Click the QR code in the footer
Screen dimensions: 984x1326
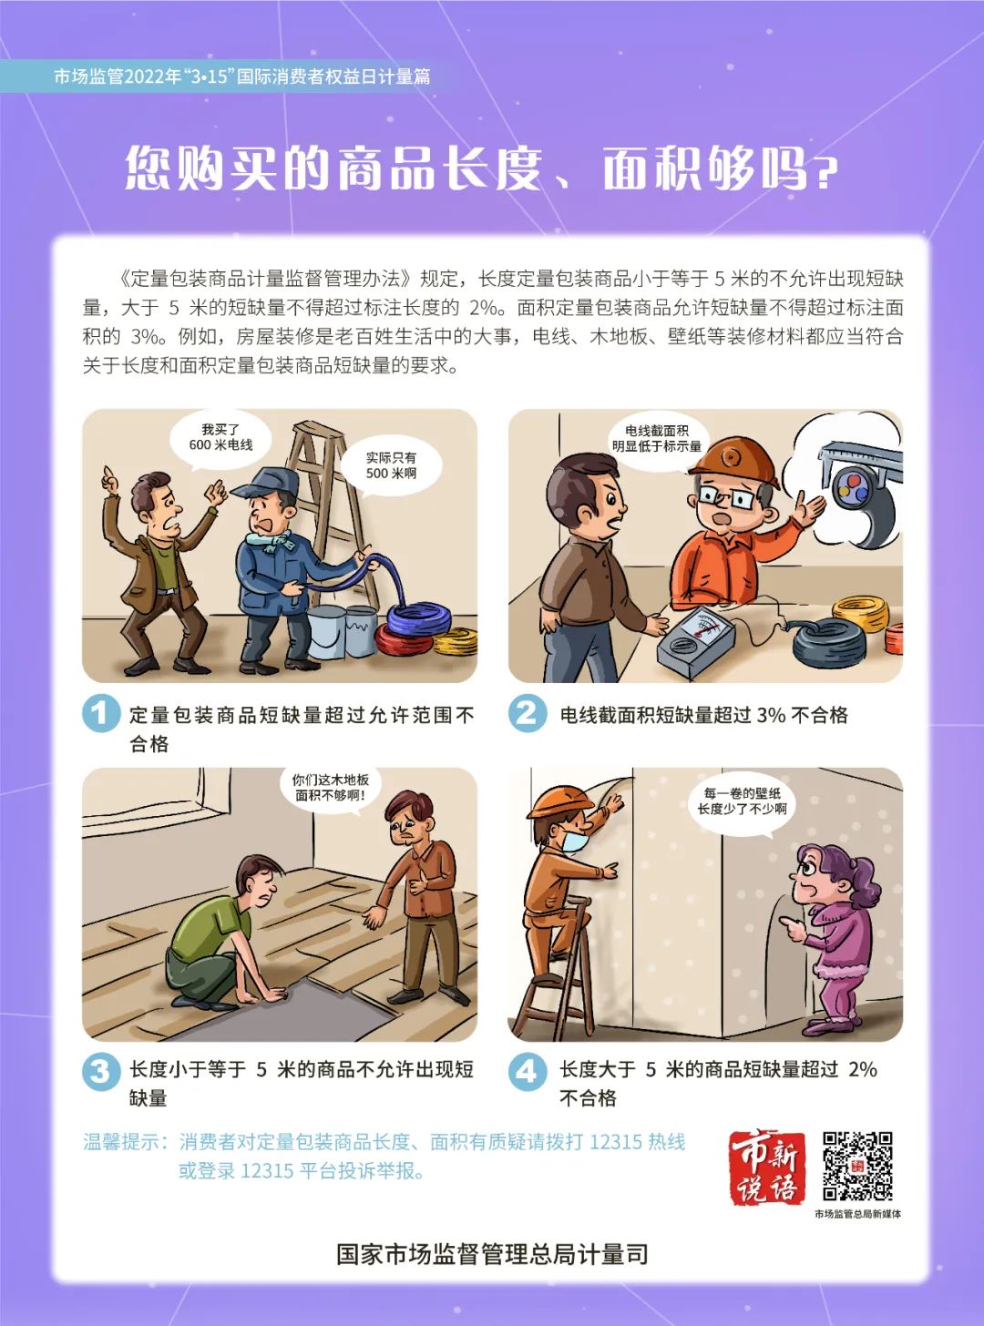pyautogui.click(x=857, y=1165)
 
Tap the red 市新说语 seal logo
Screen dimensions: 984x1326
pyautogui.click(x=766, y=1168)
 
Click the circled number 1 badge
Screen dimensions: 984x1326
pyautogui.click(x=101, y=712)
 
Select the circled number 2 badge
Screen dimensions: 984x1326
pyautogui.click(x=528, y=712)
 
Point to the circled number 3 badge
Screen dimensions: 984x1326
pyautogui.click(x=101, y=1068)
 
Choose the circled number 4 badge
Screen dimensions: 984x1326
pyautogui.click(x=528, y=1068)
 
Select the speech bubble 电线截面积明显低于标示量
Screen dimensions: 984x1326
pyautogui.click(x=657, y=441)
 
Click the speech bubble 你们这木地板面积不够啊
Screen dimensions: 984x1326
pyautogui.click(x=330, y=790)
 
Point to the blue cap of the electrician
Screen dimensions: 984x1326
pyautogui.click(x=265, y=483)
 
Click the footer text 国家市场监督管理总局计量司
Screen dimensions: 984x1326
pyautogui.click(x=492, y=1255)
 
